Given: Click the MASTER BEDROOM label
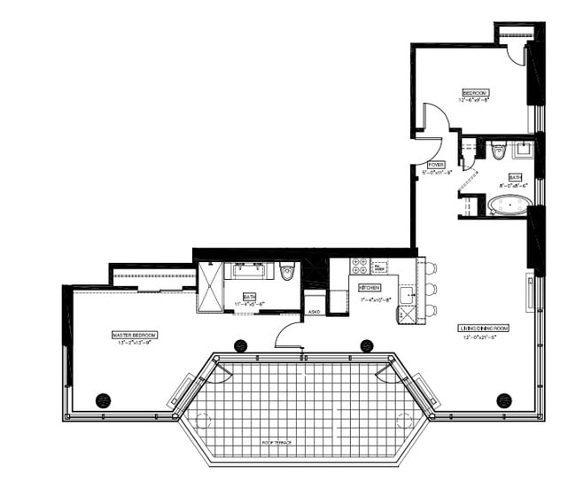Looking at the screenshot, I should (135, 334).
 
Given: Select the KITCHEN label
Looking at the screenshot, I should (370, 289).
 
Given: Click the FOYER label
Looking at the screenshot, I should (436, 165).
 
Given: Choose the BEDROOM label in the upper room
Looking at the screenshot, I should (475, 92).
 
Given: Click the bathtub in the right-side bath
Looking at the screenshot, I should (510, 206).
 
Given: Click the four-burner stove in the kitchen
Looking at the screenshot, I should (361, 267).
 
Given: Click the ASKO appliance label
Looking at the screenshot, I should (314, 312).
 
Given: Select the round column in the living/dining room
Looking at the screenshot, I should (504, 399).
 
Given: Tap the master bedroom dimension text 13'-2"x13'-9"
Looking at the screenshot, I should (135, 341).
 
